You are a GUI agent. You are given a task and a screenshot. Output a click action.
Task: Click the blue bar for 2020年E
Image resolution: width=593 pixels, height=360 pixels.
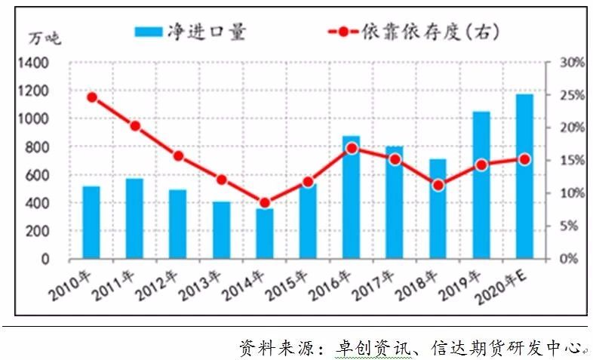click(x=524, y=177)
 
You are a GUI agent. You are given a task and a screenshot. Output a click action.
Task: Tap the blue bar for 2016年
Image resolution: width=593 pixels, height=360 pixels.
click(x=351, y=198)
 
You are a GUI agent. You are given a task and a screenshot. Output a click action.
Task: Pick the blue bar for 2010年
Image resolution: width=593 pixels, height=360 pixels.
click(x=91, y=223)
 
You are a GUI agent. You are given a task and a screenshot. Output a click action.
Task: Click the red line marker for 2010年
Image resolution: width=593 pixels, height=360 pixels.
click(x=92, y=97)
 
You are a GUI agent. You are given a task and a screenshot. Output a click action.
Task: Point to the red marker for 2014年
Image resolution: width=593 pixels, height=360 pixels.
click(x=265, y=202)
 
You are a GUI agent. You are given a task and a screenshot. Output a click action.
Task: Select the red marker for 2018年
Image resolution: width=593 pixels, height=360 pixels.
click(x=438, y=185)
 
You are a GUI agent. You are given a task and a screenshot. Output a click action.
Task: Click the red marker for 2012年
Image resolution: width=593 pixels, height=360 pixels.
click(x=178, y=156)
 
